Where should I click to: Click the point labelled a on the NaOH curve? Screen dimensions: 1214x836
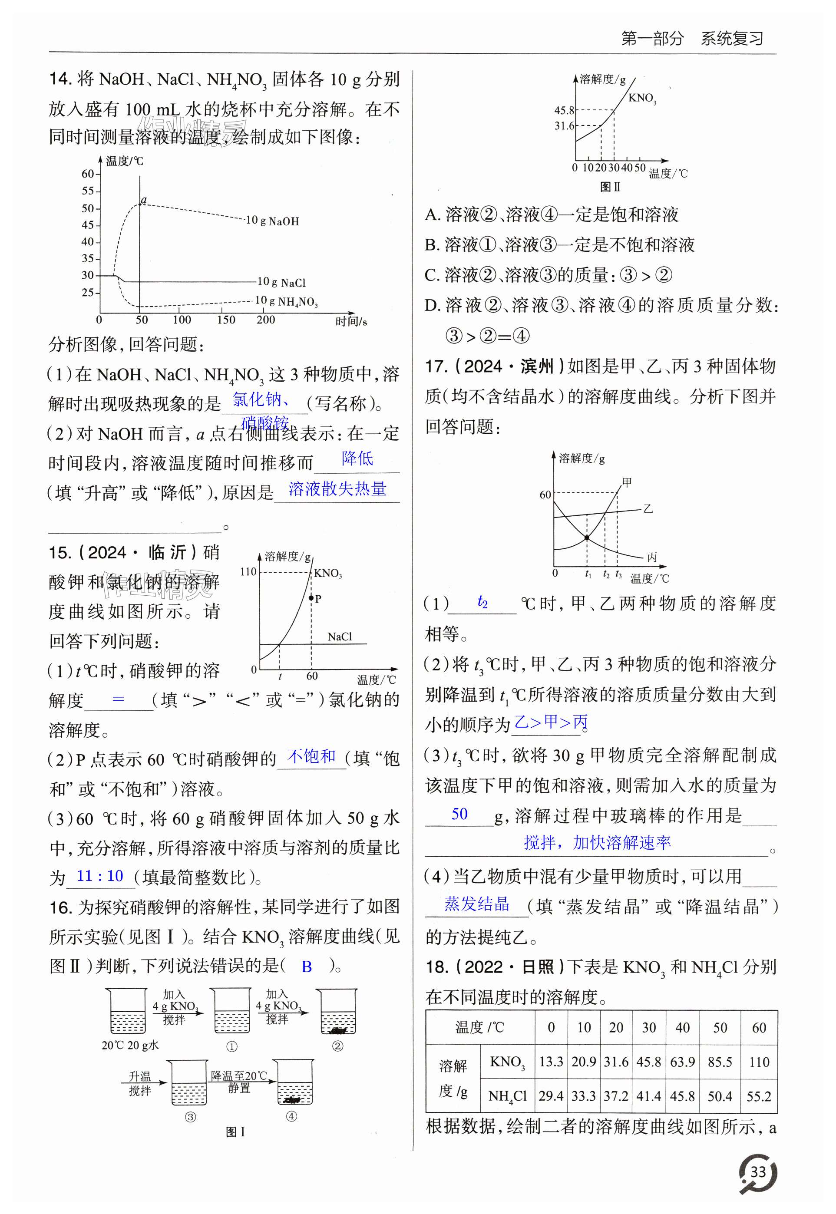[x=140, y=204]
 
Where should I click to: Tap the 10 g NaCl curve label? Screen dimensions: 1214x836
[x=281, y=282]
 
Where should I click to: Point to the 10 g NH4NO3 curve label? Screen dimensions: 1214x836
[x=286, y=301]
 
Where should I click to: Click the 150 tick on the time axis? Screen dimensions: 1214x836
[x=226, y=320]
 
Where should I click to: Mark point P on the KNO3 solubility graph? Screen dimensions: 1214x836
[x=311, y=597]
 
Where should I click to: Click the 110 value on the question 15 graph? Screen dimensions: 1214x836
[x=248, y=571]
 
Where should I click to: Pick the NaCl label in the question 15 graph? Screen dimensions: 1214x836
[x=340, y=637]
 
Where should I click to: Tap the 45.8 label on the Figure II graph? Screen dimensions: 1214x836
[x=564, y=111]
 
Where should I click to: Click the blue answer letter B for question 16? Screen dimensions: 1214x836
[x=307, y=966]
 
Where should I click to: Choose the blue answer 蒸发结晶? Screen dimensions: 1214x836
[x=477, y=904]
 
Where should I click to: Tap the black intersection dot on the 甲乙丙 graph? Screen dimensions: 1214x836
[x=587, y=538]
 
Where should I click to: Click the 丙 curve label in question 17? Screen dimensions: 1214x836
[x=651, y=557]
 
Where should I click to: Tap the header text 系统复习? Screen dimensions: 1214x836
[x=732, y=38]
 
